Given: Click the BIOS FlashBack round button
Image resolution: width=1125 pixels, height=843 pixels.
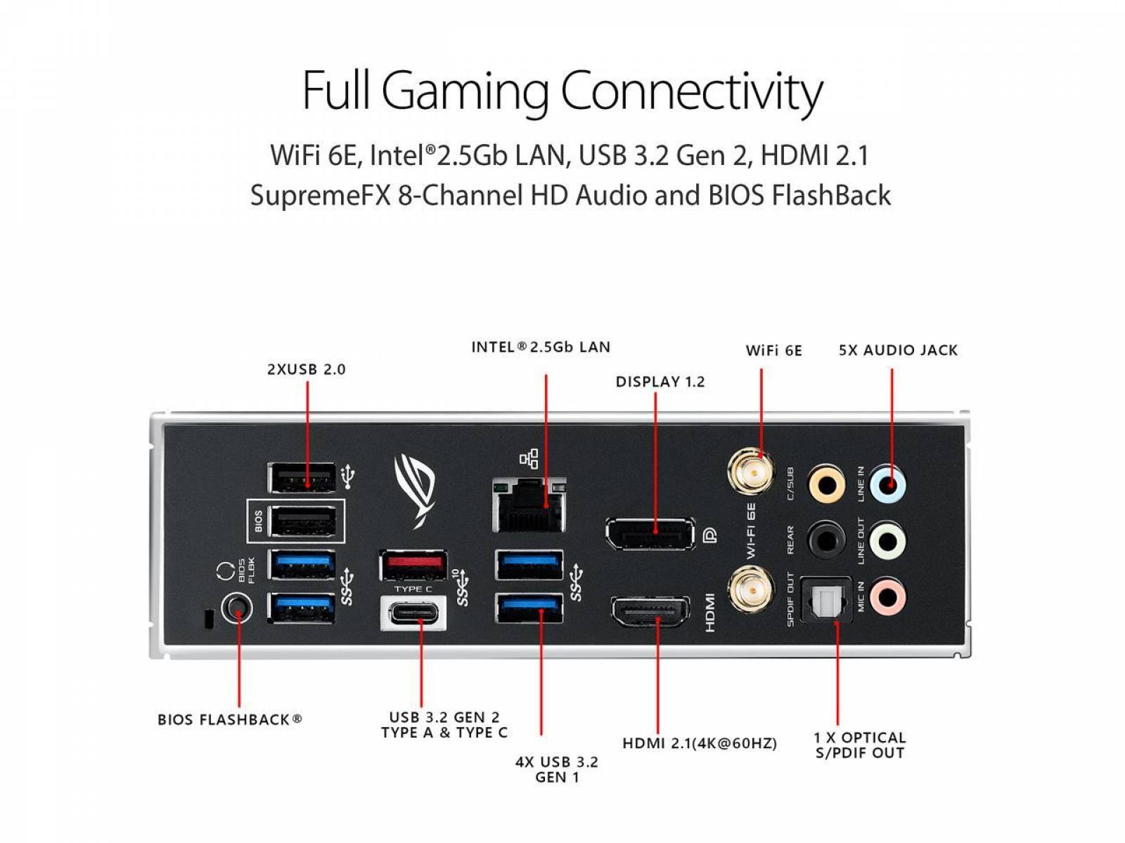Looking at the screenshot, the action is click(236, 608).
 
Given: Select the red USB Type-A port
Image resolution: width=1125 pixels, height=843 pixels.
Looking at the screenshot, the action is click(413, 565).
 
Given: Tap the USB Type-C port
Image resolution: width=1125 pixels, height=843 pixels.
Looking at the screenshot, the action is click(413, 613).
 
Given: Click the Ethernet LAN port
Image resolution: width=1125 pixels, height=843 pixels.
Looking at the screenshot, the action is click(529, 505).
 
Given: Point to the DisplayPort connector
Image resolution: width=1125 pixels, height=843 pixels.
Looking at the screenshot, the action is click(650, 533).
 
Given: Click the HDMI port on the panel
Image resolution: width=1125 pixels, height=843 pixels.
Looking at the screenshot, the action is click(650, 612).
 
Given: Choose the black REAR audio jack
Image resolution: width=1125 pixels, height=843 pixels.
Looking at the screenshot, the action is click(826, 540).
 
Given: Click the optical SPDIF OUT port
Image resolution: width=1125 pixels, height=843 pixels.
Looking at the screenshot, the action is click(826, 599).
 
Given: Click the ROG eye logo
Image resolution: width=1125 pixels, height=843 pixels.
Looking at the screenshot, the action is click(415, 490).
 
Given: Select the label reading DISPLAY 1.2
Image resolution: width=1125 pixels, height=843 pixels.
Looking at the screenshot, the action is click(660, 382).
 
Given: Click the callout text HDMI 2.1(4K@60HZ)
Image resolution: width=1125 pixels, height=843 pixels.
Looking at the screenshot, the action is click(700, 743).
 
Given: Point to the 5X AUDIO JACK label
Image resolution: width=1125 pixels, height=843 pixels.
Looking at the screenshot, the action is click(898, 351).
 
